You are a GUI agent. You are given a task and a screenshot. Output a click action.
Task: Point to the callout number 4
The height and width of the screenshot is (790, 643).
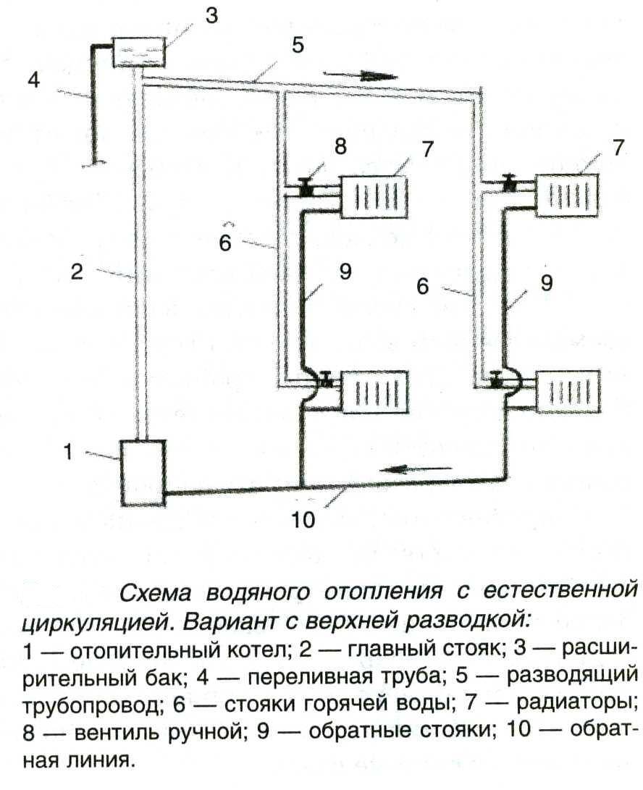coord(33,78)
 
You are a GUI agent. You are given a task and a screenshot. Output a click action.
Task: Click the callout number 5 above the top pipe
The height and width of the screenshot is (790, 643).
coord(298,46)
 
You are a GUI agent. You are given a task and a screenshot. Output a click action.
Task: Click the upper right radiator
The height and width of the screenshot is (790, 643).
coord(568,194)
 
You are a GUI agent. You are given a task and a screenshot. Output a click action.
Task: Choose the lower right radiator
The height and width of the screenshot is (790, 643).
coord(568,393)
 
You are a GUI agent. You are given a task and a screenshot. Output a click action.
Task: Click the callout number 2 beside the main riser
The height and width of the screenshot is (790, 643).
coord(78,272)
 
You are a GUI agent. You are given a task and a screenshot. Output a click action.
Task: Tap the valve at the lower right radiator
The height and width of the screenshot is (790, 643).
coord(496,379)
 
